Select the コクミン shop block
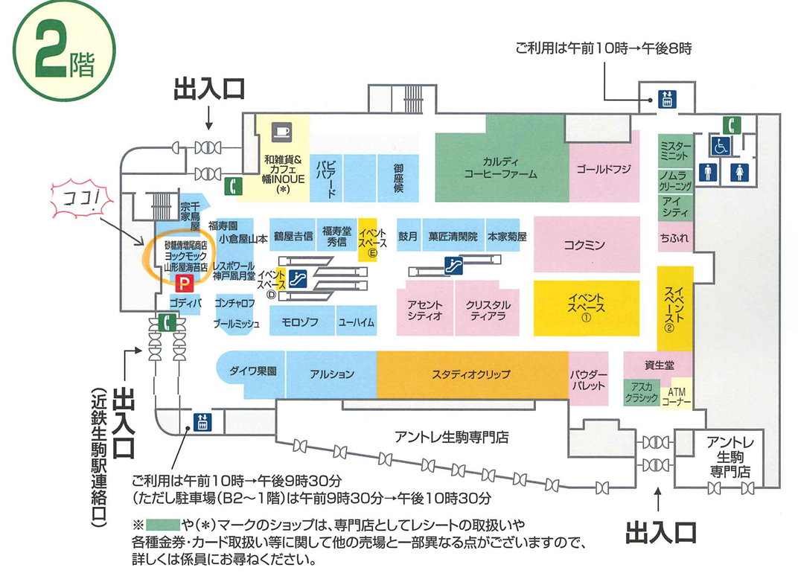click(586, 244)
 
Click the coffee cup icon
click(281, 130)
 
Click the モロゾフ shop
click(300, 323)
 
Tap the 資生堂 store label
click(659, 365)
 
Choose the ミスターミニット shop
click(675, 151)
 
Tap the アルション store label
click(332, 374)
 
